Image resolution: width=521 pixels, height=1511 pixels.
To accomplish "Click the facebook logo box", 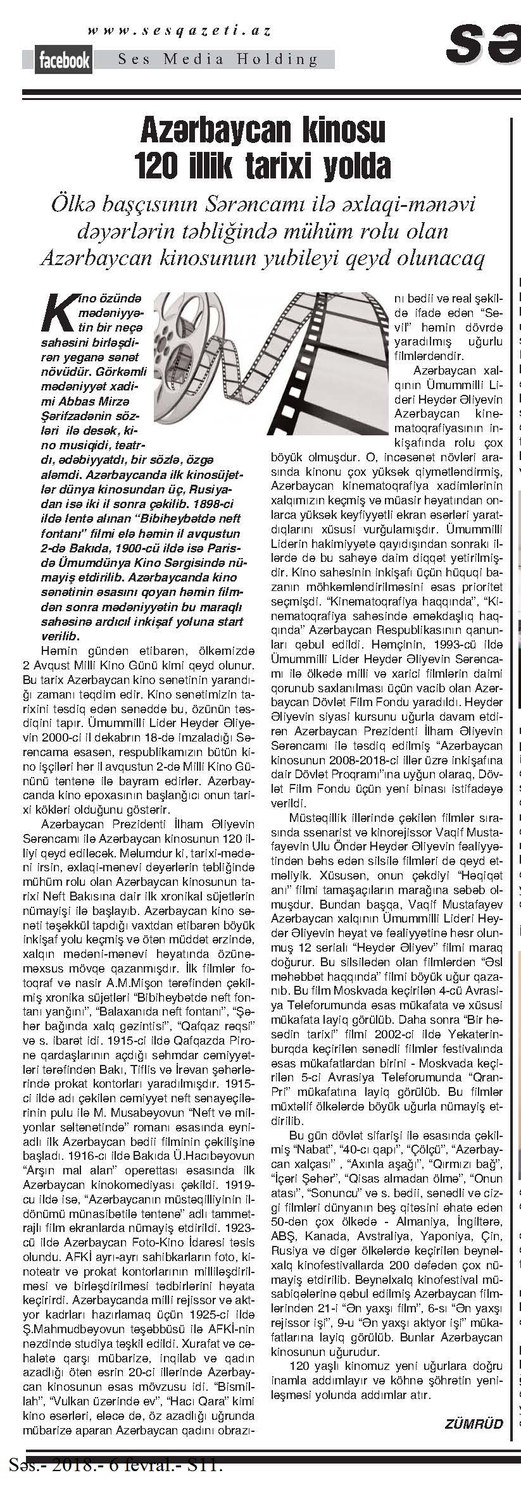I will (64, 60).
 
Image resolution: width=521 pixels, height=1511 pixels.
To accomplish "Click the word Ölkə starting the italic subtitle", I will (77, 205).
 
